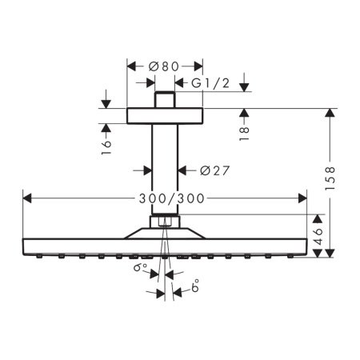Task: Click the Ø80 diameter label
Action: (x=164, y=65)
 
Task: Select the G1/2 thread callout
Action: (x=213, y=82)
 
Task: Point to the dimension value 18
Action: (x=245, y=126)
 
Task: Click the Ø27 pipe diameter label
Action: (x=212, y=170)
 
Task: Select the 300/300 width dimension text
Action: (x=164, y=197)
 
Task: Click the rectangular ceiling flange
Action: (x=164, y=116)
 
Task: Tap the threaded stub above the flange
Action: (x=164, y=100)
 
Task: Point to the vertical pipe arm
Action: (x=164, y=168)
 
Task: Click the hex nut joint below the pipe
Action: (x=164, y=222)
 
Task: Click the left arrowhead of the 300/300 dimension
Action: (x=26, y=197)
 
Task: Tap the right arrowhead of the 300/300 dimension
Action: (x=302, y=197)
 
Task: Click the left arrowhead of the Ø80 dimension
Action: (x=131, y=65)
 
